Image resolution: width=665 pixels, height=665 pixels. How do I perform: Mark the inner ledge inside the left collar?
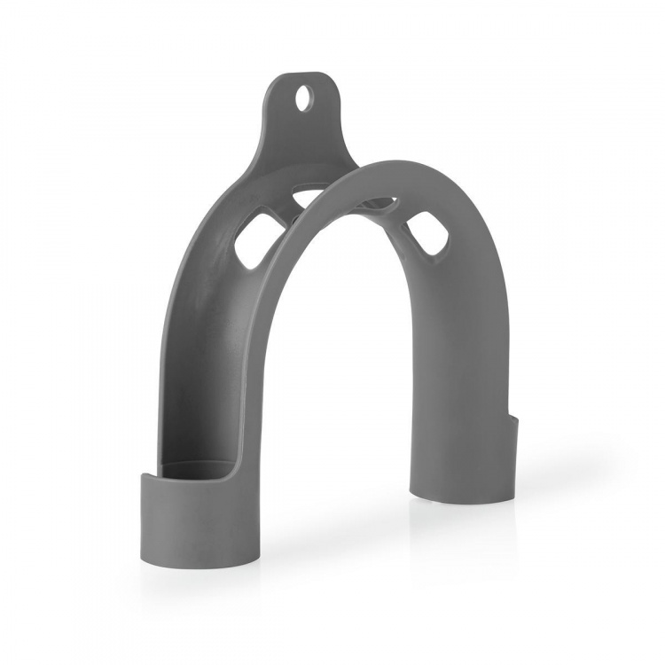click(197, 466)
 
